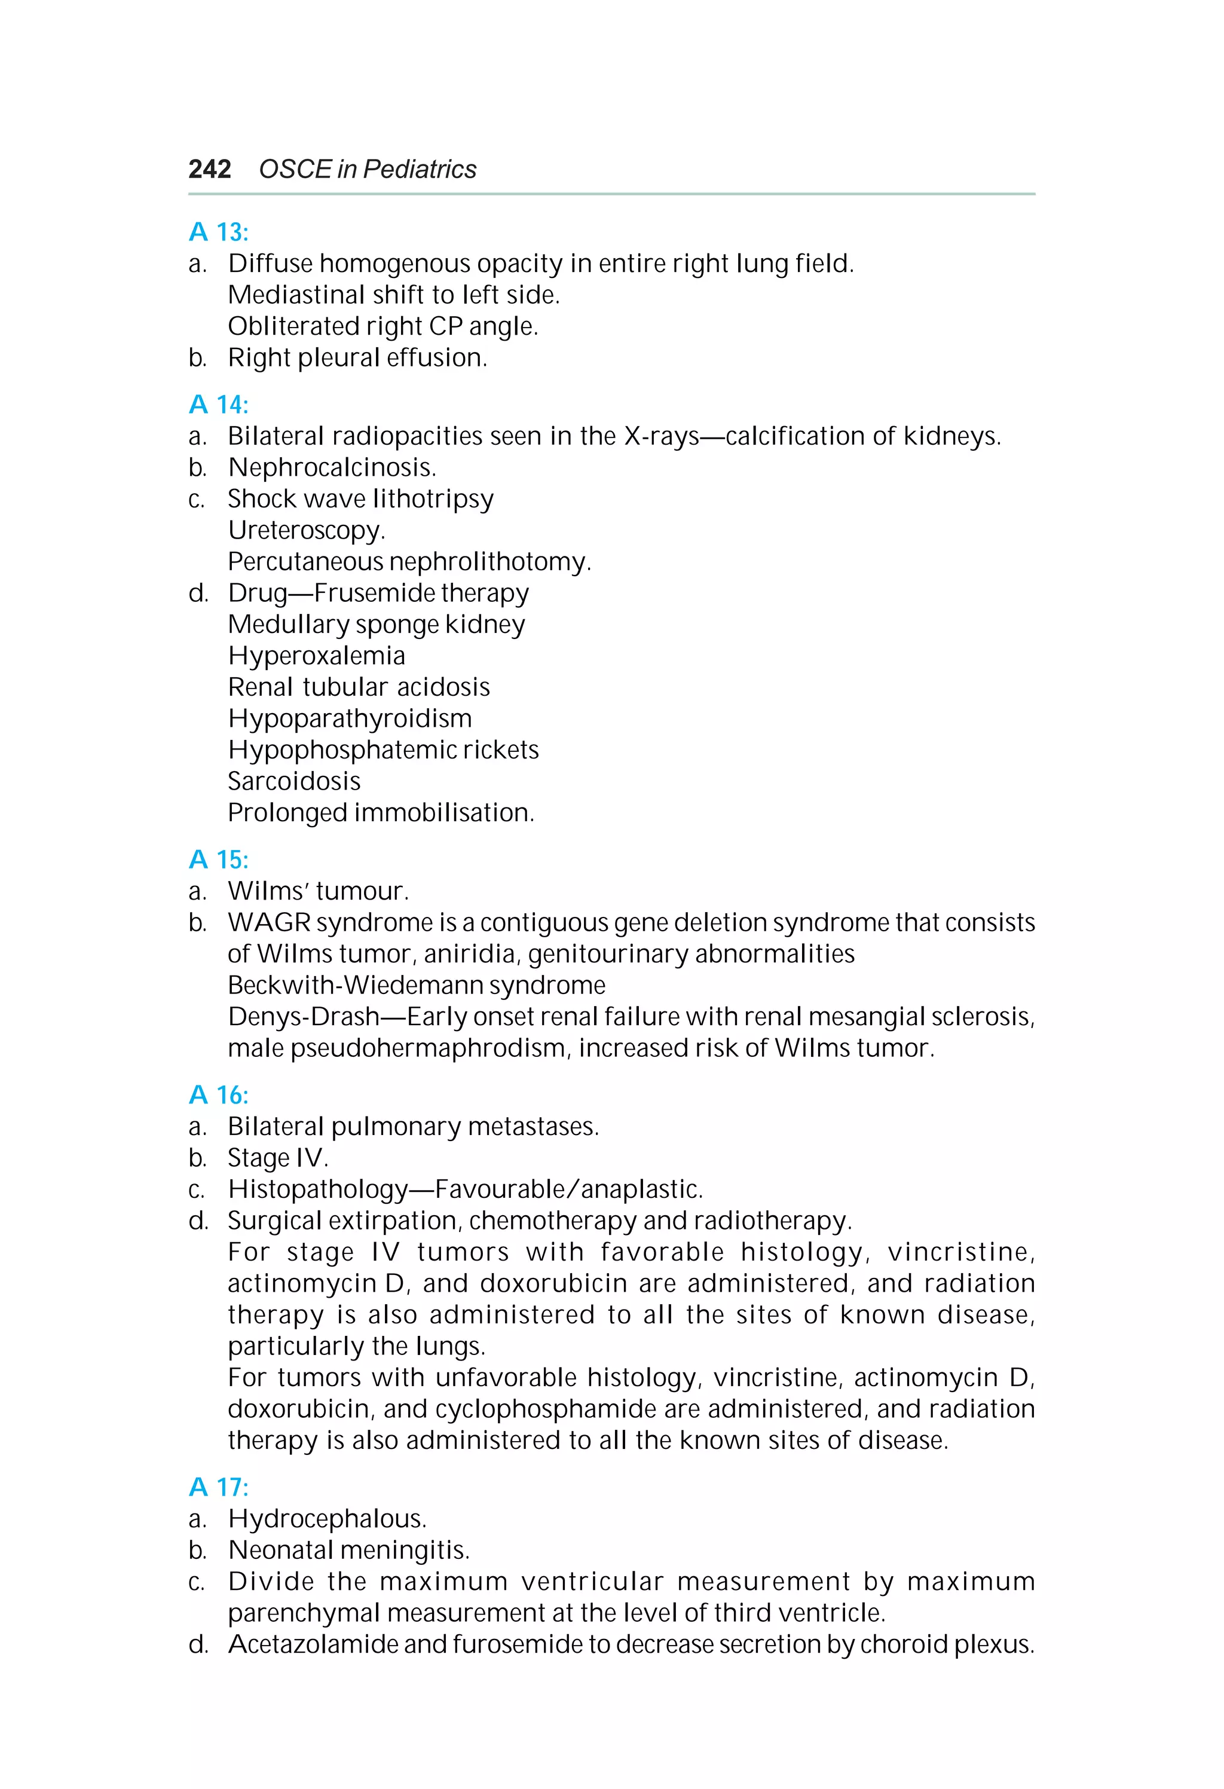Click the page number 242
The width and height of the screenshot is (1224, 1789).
(x=209, y=169)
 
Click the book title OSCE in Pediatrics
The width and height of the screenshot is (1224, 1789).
(x=367, y=169)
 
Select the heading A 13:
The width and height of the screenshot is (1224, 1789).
(x=219, y=232)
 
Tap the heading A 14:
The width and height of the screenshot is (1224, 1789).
(x=219, y=404)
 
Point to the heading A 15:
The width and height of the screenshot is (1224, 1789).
(x=219, y=859)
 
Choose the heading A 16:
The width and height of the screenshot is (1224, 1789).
(x=219, y=1094)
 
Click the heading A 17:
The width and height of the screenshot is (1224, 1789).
(x=219, y=1487)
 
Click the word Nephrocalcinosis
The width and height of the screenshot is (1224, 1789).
(x=332, y=467)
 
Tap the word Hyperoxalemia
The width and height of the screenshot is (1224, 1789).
(x=316, y=656)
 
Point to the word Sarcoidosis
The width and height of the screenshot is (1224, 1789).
(x=294, y=781)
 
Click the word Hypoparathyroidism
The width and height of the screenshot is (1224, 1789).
(x=350, y=718)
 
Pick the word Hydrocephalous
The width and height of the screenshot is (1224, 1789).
(x=326, y=1519)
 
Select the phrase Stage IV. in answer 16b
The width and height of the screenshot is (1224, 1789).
(x=278, y=1158)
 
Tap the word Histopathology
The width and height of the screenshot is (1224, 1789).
(x=317, y=1189)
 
